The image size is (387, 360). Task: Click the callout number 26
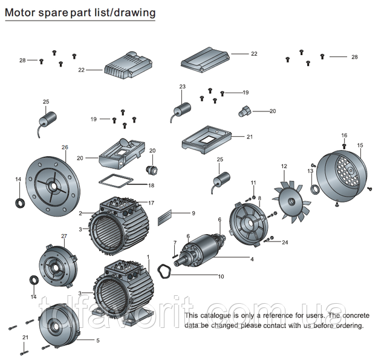[65, 148]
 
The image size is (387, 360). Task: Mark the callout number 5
[99, 341]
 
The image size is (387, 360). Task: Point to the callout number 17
[152, 203]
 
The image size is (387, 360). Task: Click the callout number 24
[285, 242]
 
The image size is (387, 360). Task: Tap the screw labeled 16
[344, 145]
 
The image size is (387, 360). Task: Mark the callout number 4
[252, 259]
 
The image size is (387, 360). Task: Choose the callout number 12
[284, 166]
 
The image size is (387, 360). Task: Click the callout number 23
[183, 87]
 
